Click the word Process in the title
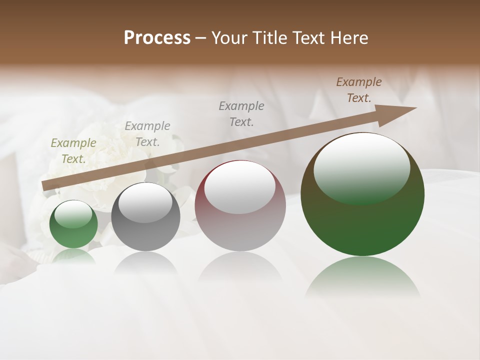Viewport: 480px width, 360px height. [157, 38]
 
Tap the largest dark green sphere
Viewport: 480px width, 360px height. [362, 225]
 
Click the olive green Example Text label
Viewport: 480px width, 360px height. [73, 150]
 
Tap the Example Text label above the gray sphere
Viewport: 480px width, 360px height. [147, 133]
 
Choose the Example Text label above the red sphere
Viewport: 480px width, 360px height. [241, 113]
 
